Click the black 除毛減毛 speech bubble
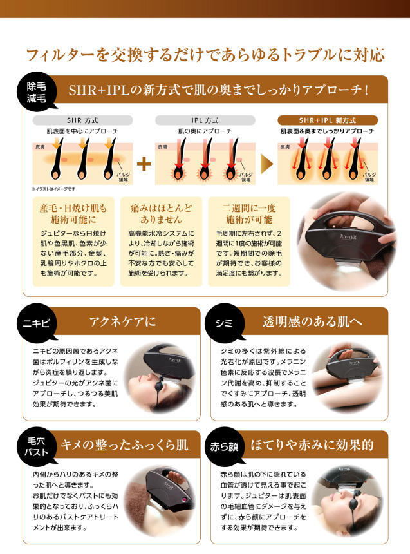point(37,92)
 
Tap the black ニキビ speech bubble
point(37,323)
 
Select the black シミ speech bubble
point(225,323)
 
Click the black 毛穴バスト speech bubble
point(37,446)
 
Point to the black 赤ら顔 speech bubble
point(225,446)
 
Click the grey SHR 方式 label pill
point(82,120)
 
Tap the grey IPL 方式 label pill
point(205,120)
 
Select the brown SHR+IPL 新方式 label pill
point(328,120)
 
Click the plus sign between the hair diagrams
point(144,164)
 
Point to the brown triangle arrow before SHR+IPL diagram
point(266,164)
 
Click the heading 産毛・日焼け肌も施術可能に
point(73,214)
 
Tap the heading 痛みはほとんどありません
point(161,214)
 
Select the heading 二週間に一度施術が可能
point(249,214)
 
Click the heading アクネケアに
point(122,321)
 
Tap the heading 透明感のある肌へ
point(312,321)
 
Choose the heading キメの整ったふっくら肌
point(124,445)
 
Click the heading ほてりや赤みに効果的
point(312,445)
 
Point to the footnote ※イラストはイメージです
point(53,189)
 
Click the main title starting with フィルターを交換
point(205,55)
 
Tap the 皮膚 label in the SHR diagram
point(40,147)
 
